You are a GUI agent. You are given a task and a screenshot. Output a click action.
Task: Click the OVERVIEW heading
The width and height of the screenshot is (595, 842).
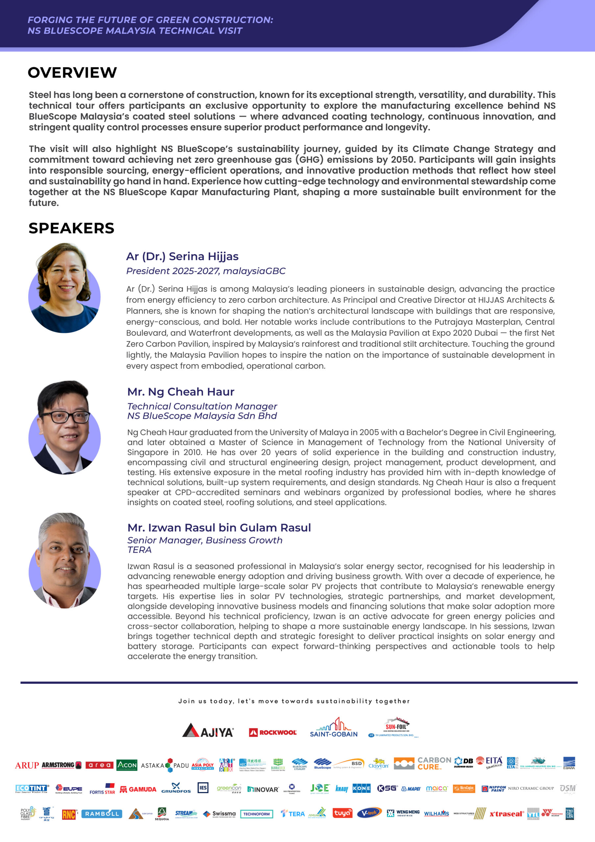click(x=72, y=73)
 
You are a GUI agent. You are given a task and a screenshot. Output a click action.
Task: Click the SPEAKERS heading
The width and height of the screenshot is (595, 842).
click(x=71, y=228)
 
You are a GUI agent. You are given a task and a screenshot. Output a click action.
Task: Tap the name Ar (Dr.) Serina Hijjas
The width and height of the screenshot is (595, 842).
click(x=182, y=256)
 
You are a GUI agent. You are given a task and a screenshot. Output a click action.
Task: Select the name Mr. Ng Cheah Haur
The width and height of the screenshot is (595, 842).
click(x=181, y=392)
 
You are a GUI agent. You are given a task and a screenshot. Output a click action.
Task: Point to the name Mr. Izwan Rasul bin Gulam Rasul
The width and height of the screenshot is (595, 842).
click(x=219, y=527)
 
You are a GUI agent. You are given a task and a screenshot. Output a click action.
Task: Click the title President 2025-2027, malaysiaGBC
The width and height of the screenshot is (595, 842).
click(x=206, y=271)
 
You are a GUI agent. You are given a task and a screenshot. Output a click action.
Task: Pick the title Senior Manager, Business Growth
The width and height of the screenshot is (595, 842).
click(x=204, y=540)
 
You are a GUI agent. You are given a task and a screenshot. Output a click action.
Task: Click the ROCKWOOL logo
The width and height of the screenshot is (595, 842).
click(x=273, y=732)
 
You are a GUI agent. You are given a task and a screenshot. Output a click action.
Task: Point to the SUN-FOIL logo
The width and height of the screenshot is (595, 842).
click(x=394, y=727)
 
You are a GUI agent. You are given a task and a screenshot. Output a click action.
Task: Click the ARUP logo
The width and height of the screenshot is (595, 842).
click(x=27, y=765)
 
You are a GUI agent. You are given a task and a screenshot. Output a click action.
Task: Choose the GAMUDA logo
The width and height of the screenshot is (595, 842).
click(x=138, y=789)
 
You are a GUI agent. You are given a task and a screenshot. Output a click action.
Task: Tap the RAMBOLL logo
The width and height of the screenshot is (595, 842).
click(x=102, y=814)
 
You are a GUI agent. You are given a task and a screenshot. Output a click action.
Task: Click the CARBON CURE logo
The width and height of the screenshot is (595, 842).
click(x=434, y=763)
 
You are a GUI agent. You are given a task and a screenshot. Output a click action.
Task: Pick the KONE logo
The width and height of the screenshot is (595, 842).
click(x=362, y=788)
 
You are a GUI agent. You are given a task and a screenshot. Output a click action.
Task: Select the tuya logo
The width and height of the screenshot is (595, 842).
click(x=342, y=813)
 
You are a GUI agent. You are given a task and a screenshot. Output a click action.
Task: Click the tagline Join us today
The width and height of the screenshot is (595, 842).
click(x=294, y=701)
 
